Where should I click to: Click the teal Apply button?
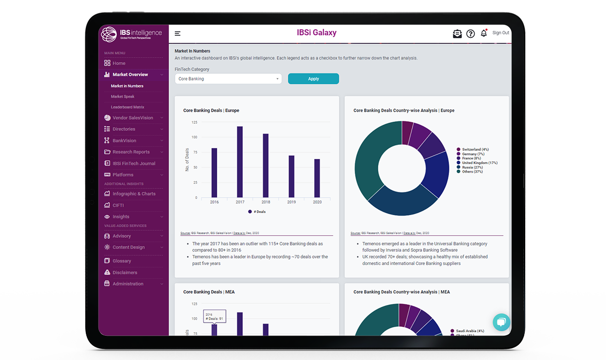[313, 79]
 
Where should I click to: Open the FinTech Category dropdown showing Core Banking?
[228, 79]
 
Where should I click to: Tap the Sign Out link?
[500, 33]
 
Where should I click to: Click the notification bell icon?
[484, 33]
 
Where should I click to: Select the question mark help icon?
[470, 34]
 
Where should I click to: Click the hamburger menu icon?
[178, 34]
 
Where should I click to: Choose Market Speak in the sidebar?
[123, 96]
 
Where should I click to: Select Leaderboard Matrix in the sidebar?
[127, 107]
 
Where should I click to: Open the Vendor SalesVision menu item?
[133, 118]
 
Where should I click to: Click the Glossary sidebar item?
[122, 261]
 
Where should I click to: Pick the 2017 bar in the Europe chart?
[240, 162]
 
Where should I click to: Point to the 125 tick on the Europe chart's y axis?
[194, 122]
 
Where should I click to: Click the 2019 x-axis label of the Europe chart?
[291, 202]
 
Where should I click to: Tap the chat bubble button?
[501, 322]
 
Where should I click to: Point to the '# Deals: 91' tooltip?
[215, 317]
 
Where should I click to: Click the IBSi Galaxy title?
[317, 33]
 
